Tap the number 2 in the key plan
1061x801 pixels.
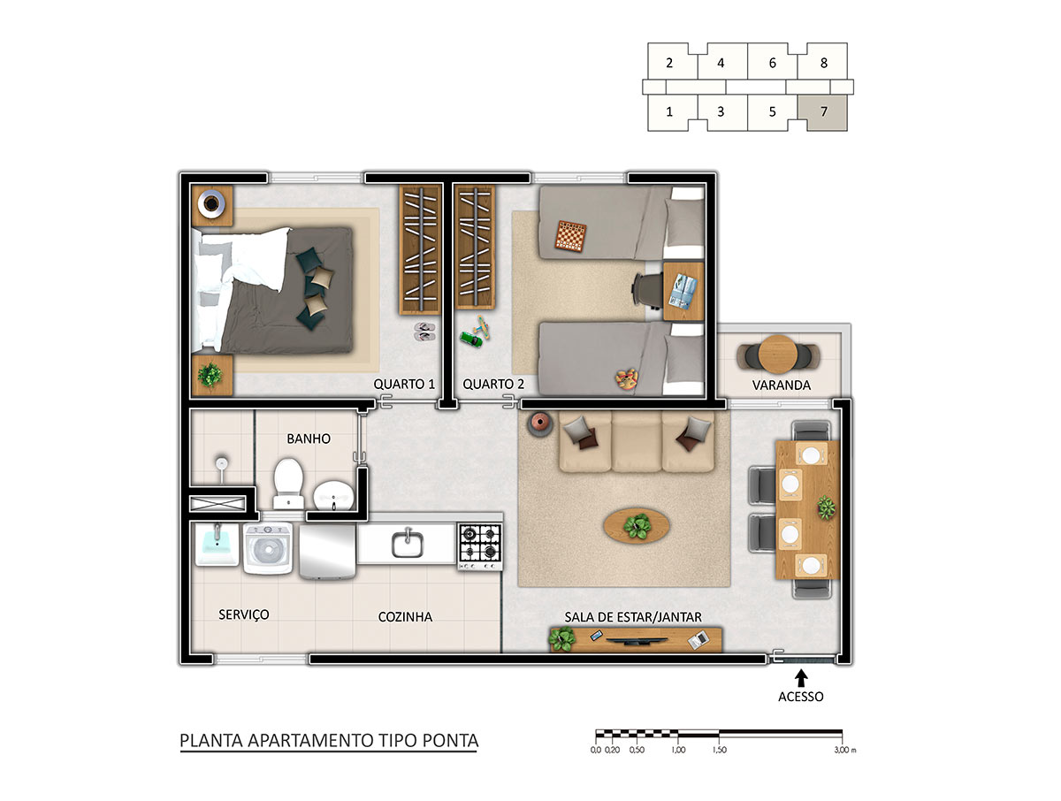click(x=669, y=63)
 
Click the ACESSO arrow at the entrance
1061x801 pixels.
click(x=801, y=677)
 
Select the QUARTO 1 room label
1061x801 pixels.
click(x=404, y=384)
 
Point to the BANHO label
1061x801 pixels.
click(x=309, y=439)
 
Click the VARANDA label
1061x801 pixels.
click(x=781, y=385)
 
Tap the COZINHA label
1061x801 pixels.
click(x=405, y=617)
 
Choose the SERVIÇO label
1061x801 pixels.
click(x=244, y=615)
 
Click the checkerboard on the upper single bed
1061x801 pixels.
click(x=571, y=236)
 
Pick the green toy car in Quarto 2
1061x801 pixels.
click(x=470, y=339)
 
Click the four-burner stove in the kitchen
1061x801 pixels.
click(x=480, y=546)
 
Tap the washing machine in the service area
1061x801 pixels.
click(x=268, y=548)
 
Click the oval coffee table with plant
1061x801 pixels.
click(x=637, y=526)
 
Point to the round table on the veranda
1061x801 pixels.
click(x=778, y=355)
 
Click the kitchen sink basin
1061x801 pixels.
click(x=408, y=544)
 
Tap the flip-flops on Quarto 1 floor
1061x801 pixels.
click(x=424, y=332)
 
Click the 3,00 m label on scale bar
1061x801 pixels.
click(x=845, y=750)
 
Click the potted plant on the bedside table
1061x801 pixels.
click(x=210, y=374)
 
